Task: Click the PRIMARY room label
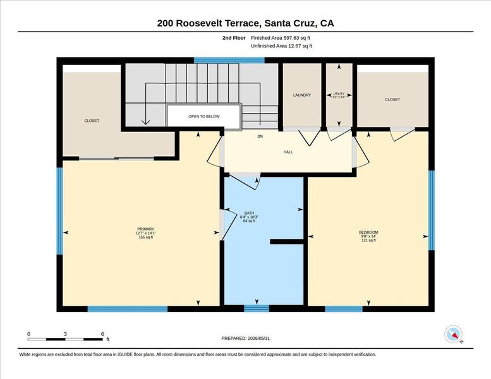coord(145,229)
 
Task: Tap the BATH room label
coord(249,213)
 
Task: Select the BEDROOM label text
coord(368,232)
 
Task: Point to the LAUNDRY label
coord(302,95)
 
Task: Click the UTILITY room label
coord(339,93)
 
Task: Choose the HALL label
coord(288,152)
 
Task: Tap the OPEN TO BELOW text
coord(204,116)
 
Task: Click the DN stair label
coord(260,136)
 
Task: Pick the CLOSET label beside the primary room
coord(92,121)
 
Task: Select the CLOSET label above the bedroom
coord(392,100)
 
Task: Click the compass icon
coord(454,335)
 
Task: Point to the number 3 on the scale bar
coord(65,334)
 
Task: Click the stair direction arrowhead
coord(145,123)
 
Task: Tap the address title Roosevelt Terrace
coord(217,23)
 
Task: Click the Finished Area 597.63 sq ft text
coord(281,38)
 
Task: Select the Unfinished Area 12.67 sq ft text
coord(281,46)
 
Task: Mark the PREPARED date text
coord(245,339)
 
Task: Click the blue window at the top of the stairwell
coord(229,61)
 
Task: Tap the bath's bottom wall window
coord(257,309)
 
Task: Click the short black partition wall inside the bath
coord(286,241)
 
